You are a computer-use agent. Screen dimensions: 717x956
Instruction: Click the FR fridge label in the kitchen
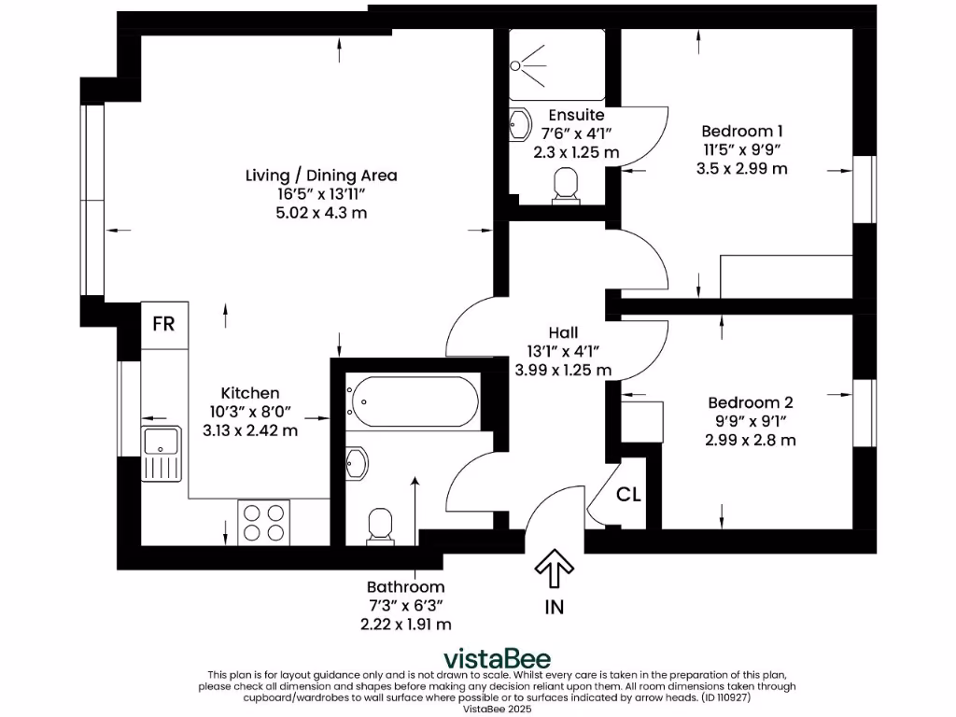coord(164,324)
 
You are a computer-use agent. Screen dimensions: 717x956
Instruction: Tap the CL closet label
coord(629,495)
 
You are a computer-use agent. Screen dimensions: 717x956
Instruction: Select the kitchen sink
coord(162,452)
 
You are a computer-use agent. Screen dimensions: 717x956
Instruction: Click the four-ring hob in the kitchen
coord(263,522)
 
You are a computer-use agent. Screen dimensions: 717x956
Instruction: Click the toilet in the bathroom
coord(381,525)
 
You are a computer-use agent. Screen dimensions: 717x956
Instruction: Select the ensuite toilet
coord(567,185)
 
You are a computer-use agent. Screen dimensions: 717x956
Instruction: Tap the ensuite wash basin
coord(519,124)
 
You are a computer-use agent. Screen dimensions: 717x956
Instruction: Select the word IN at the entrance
coord(555,607)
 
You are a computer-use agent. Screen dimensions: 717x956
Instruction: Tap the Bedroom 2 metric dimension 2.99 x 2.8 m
coord(751,440)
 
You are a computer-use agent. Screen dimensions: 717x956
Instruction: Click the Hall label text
coord(563,332)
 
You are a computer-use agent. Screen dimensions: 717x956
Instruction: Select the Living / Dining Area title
coord(321,175)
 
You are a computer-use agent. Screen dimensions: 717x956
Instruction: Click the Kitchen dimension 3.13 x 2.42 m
coord(250,430)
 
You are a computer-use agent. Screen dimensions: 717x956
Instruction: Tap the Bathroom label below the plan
coord(405,587)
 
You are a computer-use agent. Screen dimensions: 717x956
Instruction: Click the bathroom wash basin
coord(356,462)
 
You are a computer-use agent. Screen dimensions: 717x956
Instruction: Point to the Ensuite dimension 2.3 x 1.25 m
coord(576,151)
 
